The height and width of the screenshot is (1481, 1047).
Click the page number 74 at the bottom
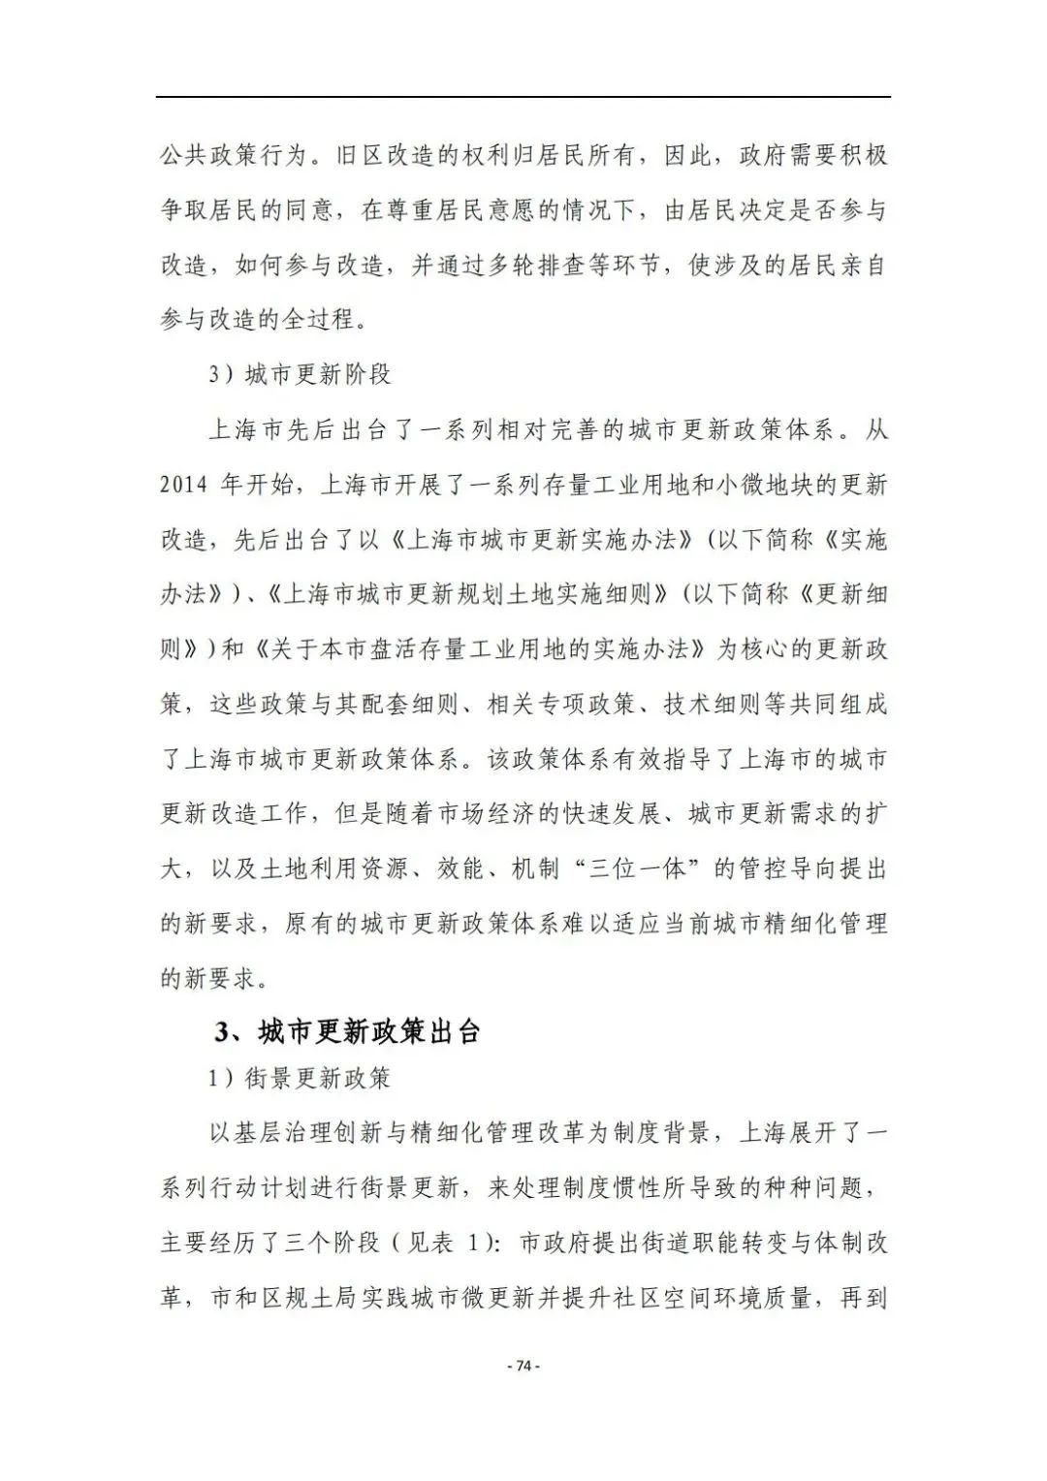pos(523,1366)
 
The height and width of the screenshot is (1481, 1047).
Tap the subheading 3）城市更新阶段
pos(300,374)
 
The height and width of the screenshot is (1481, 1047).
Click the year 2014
pos(184,484)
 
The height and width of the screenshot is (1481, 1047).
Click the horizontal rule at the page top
pos(523,97)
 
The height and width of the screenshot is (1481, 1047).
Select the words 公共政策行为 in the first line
pos(234,155)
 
